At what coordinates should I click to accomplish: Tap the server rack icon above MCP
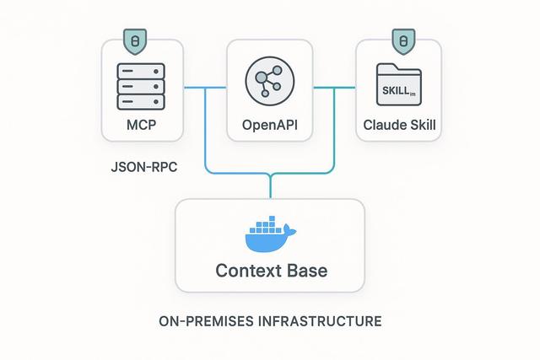tap(141, 86)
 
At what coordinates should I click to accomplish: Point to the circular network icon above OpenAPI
tap(270, 82)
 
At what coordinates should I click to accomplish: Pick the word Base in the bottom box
tap(305, 271)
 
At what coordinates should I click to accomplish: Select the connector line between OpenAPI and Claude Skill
tap(335, 86)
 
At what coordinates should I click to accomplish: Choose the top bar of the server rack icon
tap(141, 70)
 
